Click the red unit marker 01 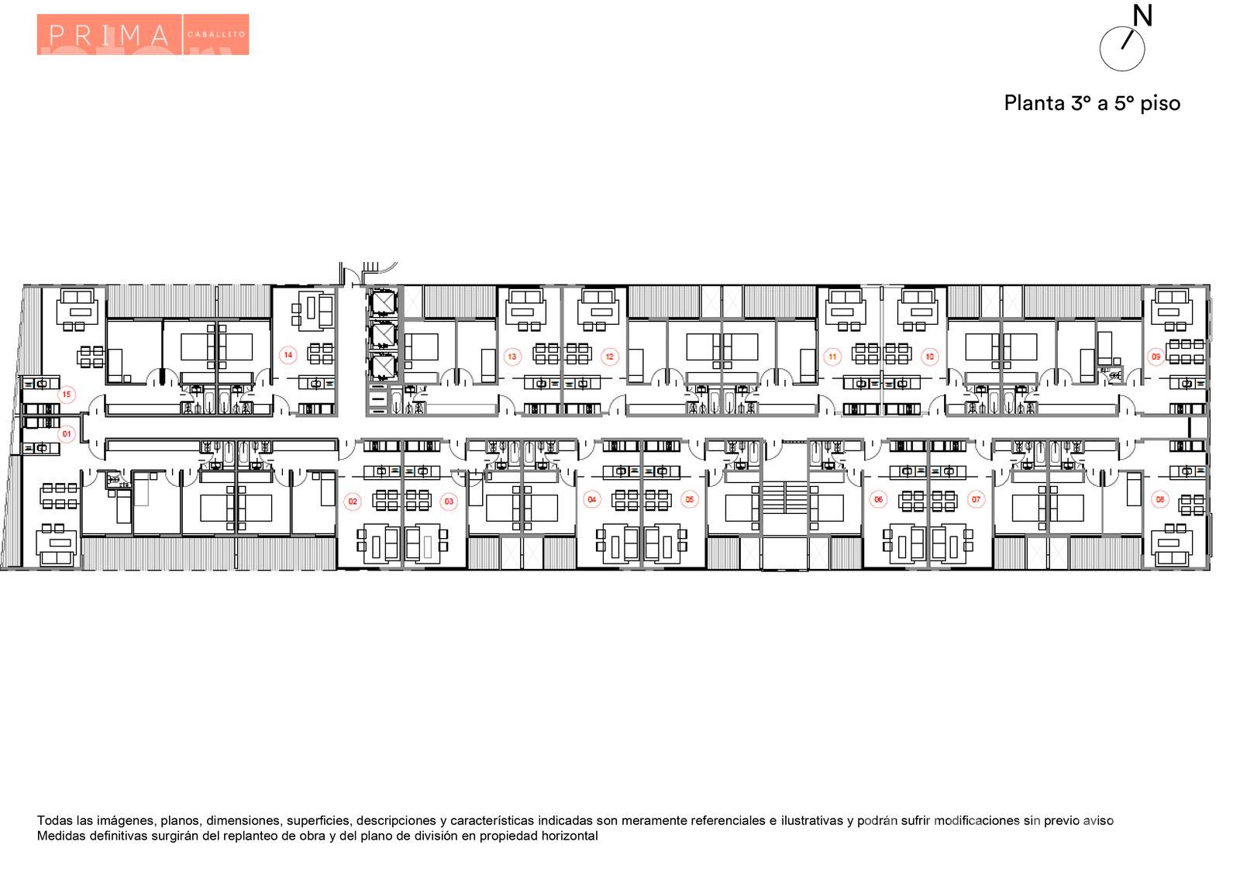click(67, 434)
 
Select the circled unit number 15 click(67, 395)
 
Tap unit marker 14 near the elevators click(288, 355)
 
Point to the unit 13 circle click(512, 357)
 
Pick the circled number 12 click(609, 357)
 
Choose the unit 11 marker click(832, 357)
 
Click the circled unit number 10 click(929, 357)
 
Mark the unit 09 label click(1156, 357)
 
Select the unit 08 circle click(1159, 499)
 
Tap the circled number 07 click(976, 499)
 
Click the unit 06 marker click(879, 499)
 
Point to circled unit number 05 click(689, 499)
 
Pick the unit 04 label click(592, 499)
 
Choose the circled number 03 click(449, 502)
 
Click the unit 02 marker click(353, 502)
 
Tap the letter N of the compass click(1142, 16)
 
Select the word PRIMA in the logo click(108, 36)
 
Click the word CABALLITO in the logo click(216, 34)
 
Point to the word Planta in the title click(1035, 104)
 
